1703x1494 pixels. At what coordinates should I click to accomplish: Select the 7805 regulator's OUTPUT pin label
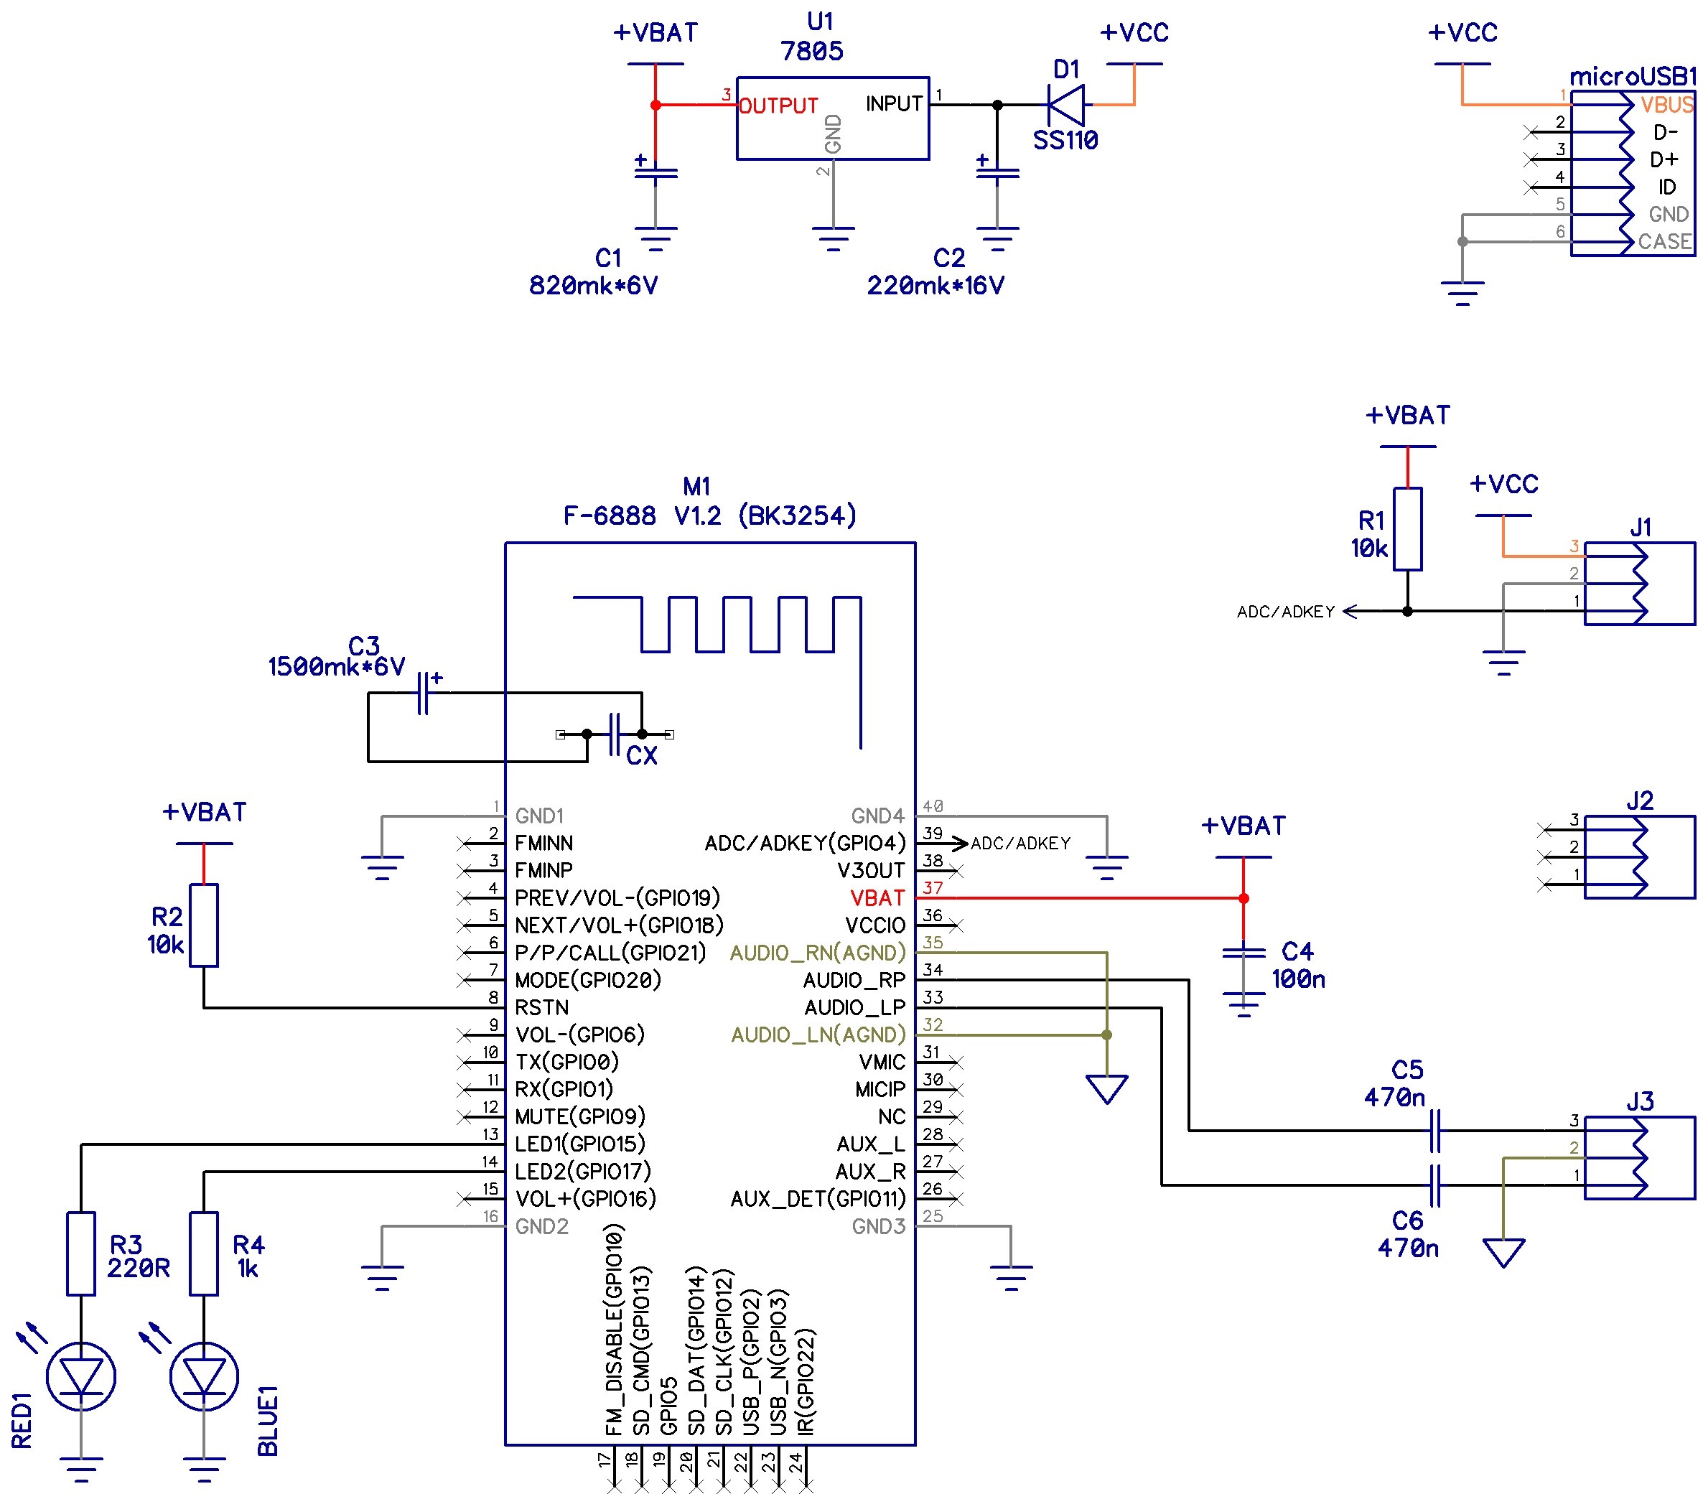coord(778,106)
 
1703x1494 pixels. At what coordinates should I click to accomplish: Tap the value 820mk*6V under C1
coord(593,286)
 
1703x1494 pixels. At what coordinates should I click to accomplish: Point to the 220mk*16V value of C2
coord(936,286)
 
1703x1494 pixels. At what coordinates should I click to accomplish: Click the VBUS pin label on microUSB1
coord(1666,105)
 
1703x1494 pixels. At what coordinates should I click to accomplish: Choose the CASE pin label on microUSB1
coord(1665,242)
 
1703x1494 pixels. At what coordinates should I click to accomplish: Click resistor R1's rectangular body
coord(1408,529)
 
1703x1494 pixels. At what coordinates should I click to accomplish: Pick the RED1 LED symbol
coord(81,1376)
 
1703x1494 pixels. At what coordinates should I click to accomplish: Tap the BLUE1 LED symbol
coord(204,1376)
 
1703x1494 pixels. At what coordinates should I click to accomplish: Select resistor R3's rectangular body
coord(81,1254)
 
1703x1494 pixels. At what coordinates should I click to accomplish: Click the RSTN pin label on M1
coord(541,1007)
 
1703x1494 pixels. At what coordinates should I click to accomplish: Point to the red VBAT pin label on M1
coord(877,898)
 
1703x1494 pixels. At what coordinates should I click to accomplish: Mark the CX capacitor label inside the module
coord(642,756)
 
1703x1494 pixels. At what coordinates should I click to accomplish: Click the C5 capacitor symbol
coord(1434,1131)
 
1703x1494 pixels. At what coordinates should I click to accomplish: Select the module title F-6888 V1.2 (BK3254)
coord(710,515)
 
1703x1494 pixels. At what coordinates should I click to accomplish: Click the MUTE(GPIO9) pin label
coord(580,1116)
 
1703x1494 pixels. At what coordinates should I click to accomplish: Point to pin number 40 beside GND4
coord(933,806)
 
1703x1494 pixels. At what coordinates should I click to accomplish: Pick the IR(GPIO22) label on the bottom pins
coord(806,1381)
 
